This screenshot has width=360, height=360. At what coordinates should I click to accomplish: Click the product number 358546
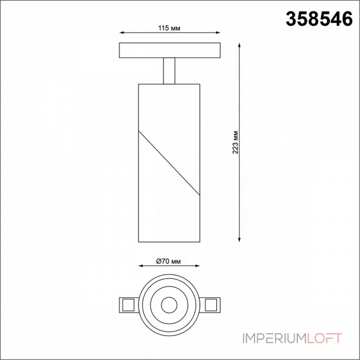pyautogui.click(x=319, y=19)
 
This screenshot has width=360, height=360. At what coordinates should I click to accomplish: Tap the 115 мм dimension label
pyautogui.click(x=169, y=28)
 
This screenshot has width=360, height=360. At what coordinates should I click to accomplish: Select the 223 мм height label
pyautogui.click(x=235, y=142)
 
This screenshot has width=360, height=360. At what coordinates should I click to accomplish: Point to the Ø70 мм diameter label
pyautogui.click(x=168, y=261)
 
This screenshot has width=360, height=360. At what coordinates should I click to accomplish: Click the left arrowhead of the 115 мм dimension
pyautogui.click(x=121, y=33)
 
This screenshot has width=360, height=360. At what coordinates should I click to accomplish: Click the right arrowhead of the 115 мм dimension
pyautogui.click(x=218, y=33)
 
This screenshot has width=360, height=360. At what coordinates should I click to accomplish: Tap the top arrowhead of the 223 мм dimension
pyautogui.click(x=239, y=45)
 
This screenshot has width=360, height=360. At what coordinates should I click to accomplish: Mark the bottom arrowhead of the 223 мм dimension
pyautogui.click(x=239, y=240)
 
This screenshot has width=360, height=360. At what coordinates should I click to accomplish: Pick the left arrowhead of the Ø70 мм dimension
pyautogui.click(x=141, y=266)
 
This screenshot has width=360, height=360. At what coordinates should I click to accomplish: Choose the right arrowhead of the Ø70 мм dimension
pyautogui.click(x=197, y=266)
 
